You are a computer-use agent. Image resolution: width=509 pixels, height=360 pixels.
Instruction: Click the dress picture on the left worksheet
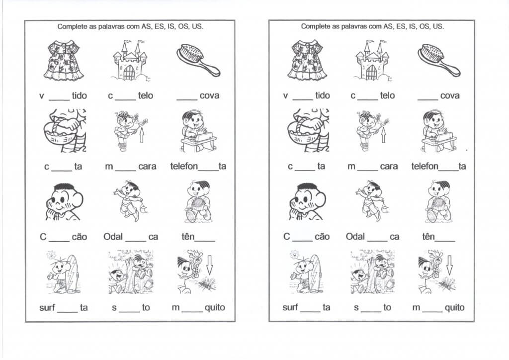tap(63, 60)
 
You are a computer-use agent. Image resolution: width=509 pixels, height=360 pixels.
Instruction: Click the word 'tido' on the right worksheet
tap(322, 95)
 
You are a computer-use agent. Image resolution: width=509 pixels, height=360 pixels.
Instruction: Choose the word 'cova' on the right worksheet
tap(449, 95)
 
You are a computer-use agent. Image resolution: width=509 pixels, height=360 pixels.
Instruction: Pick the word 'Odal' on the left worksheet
tap(113, 237)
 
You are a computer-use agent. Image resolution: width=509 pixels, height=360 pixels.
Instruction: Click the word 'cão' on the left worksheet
tap(79, 237)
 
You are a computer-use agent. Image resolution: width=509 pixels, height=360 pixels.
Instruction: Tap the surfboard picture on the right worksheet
tap(314, 272)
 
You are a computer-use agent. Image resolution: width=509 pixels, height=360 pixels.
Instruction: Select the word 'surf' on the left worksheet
tap(47, 307)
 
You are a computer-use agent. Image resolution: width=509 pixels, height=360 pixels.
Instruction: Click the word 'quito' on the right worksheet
tap(454, 307)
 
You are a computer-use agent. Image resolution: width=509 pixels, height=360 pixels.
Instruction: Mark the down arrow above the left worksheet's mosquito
tap(209, 264)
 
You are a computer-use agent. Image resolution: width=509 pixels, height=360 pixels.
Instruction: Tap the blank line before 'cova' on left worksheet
tap(186, 99)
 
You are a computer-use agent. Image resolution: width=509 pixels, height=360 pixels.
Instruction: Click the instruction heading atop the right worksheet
tap(372, 26)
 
